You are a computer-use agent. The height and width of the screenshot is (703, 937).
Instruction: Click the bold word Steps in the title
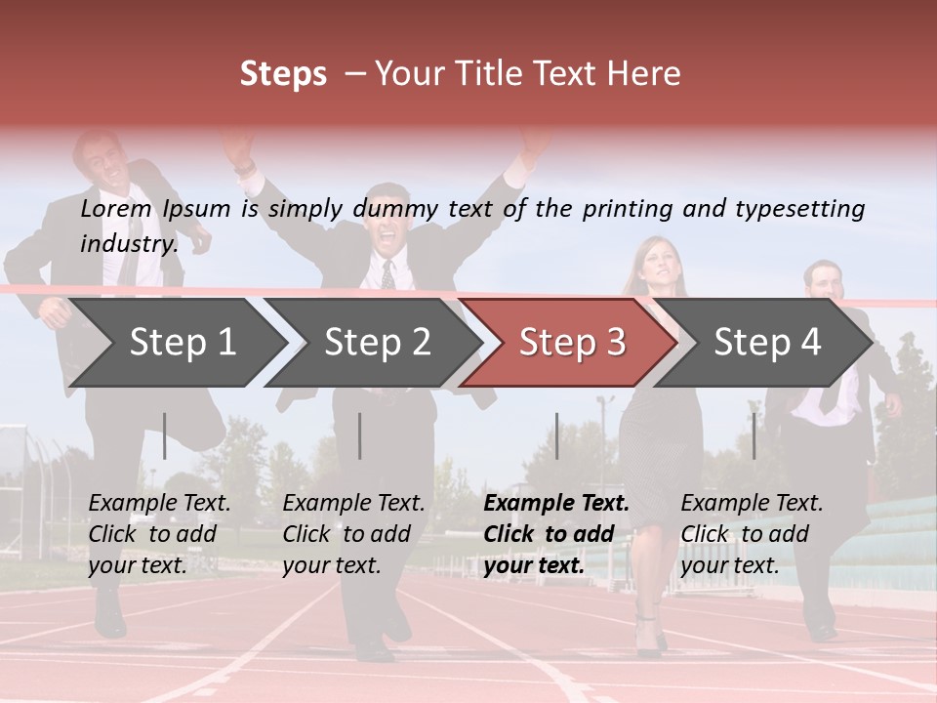[x=283, y=74]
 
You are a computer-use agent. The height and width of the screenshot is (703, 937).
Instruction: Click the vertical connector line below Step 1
[x=165, y=435]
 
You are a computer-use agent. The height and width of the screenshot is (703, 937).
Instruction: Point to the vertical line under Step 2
[x=360, y=435]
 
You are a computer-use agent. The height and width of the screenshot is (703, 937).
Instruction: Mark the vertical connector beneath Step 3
[x=556, y=435]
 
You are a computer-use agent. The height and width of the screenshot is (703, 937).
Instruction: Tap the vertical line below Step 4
[x=754, y=435]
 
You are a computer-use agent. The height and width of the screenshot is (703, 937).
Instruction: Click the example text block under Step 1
[x=159, y=534]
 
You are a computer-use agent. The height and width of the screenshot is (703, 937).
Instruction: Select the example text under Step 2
[x=353, y=534]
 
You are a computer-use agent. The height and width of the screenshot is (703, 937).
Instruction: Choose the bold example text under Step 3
[x=556, y=534]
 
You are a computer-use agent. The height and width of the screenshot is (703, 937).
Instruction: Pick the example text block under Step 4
[x=752, y=534]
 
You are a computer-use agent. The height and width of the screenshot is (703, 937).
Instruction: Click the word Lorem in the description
[x=116, y=208]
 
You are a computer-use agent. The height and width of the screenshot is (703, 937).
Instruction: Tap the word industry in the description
[x=128, y=243]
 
